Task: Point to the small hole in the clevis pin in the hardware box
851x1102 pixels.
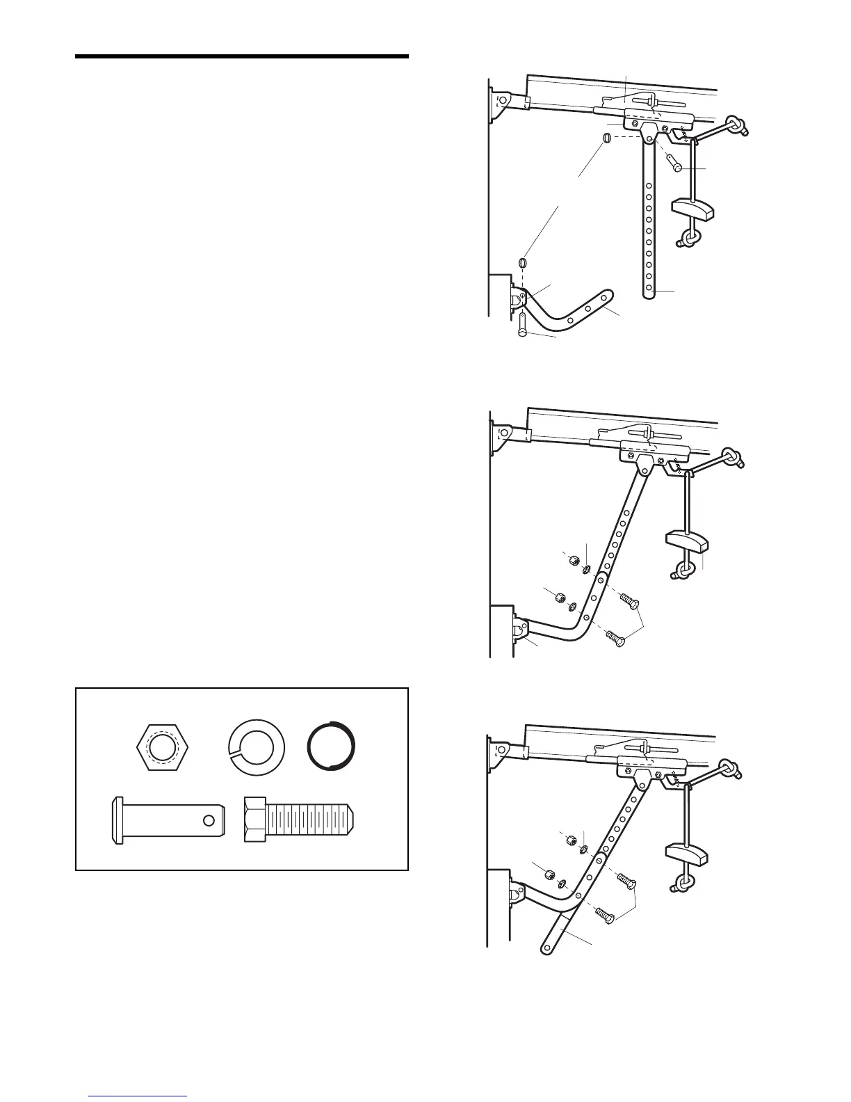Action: click(x=208, y=820)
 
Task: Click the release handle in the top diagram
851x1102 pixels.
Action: click(x=693, y=207)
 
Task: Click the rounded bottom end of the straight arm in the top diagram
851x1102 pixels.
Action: click(x=649, y=292)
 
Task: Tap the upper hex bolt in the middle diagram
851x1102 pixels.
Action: click(x=629, y=600)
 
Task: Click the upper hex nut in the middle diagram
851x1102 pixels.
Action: click(x=574, y=560)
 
